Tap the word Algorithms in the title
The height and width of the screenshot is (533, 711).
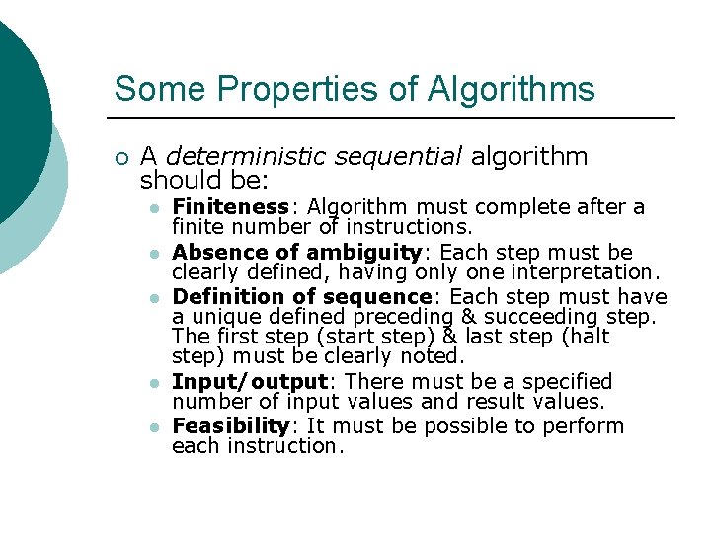click(512, 89)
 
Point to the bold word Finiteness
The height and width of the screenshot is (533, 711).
click(230, 207)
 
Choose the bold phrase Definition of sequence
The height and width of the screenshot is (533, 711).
click(300, 297)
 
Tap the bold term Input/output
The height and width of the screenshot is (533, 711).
click(249, 381)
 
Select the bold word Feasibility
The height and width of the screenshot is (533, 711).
click(229, 426)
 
